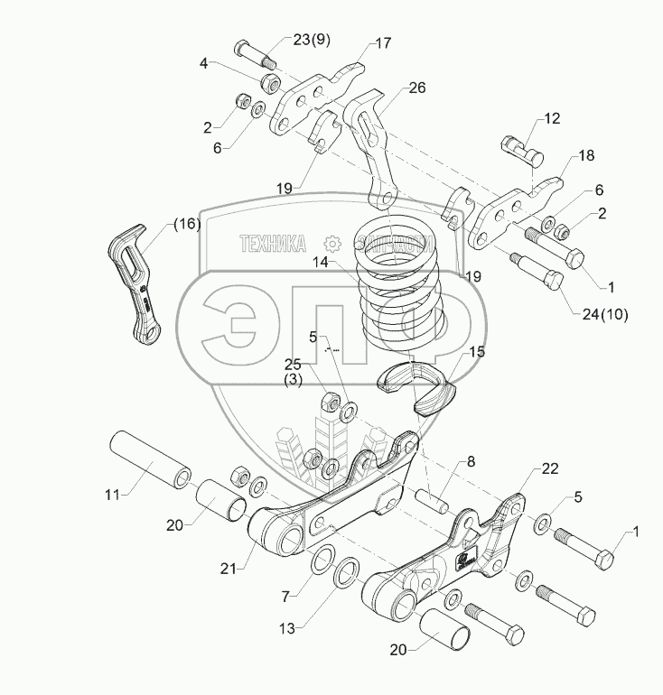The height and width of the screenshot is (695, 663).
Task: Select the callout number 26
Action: click(416, 88)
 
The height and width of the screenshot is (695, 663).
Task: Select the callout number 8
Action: click(472, 463)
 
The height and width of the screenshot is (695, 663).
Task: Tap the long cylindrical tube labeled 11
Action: click(151, 458)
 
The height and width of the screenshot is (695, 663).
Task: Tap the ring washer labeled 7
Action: click(322, 564)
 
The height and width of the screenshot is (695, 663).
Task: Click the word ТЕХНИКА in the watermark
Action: click(272, 242)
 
